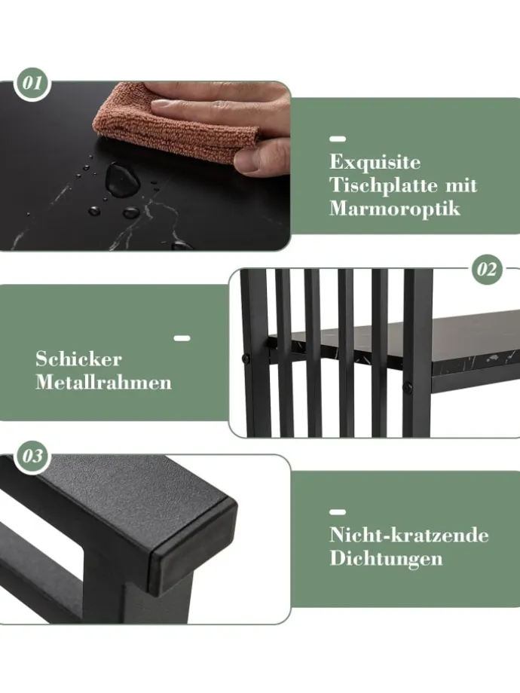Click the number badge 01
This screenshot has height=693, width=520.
pos(32,84)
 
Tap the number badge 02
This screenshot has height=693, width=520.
pos(487,270)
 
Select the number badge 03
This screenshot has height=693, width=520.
pos(32,456)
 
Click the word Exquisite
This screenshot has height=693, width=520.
pos(375,163)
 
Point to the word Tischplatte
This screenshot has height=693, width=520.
pos(384,185)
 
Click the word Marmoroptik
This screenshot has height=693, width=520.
pos(395,208)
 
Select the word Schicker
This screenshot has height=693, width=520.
pos(78,359)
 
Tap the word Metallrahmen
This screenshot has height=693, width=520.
pos(103,382)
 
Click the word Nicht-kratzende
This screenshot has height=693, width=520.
pos(409,536)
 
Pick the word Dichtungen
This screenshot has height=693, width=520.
pos(386,559)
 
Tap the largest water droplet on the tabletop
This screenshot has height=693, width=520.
pos(121,179)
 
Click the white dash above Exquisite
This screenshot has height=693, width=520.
pos(338,139)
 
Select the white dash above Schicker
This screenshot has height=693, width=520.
pos(182,338)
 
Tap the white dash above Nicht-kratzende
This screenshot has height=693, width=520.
pos(338,512)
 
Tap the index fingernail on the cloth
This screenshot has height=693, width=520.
pos(161,105)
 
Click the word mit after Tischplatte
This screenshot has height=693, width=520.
pos(461,185)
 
